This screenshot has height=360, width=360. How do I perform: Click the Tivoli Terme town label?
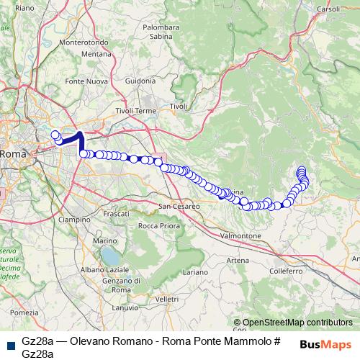(135, 111)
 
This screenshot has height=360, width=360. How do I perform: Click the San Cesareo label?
(179, 207)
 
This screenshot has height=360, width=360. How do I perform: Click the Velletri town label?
(166, 298)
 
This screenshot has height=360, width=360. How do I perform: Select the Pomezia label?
(24, 312)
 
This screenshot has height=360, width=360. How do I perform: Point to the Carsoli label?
(328, 9)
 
